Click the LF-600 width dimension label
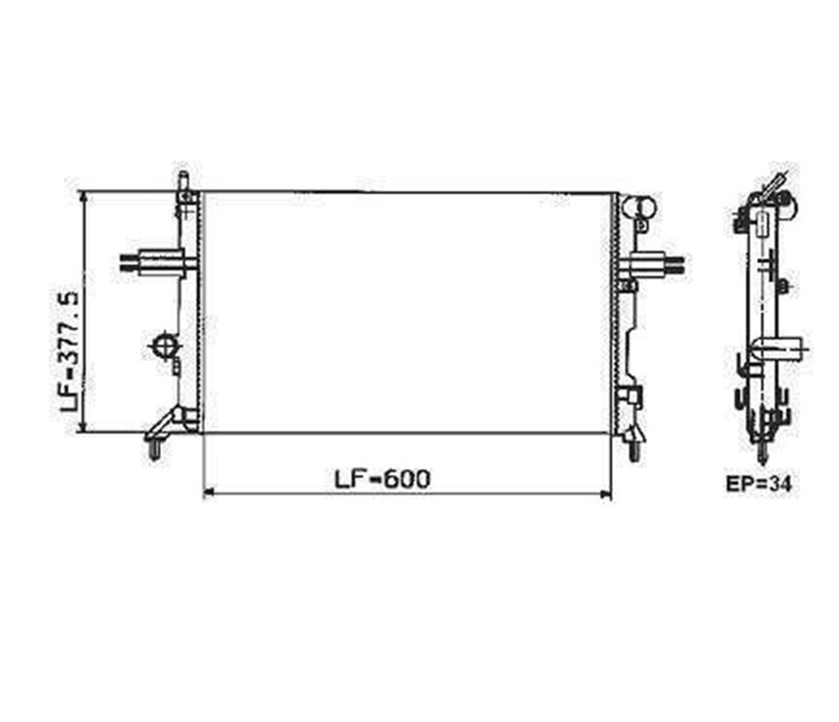[x=382, y=479]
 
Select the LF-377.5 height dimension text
[x=70, y=351]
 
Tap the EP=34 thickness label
[x=758, y=483]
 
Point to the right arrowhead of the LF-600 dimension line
[x=606, y=493]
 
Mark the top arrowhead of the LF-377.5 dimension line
[x=83, y=198]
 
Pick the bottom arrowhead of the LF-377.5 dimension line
[x=83, y=426]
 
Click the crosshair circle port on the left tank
[x=165, y=345]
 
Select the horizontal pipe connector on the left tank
[x=153, y=262]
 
